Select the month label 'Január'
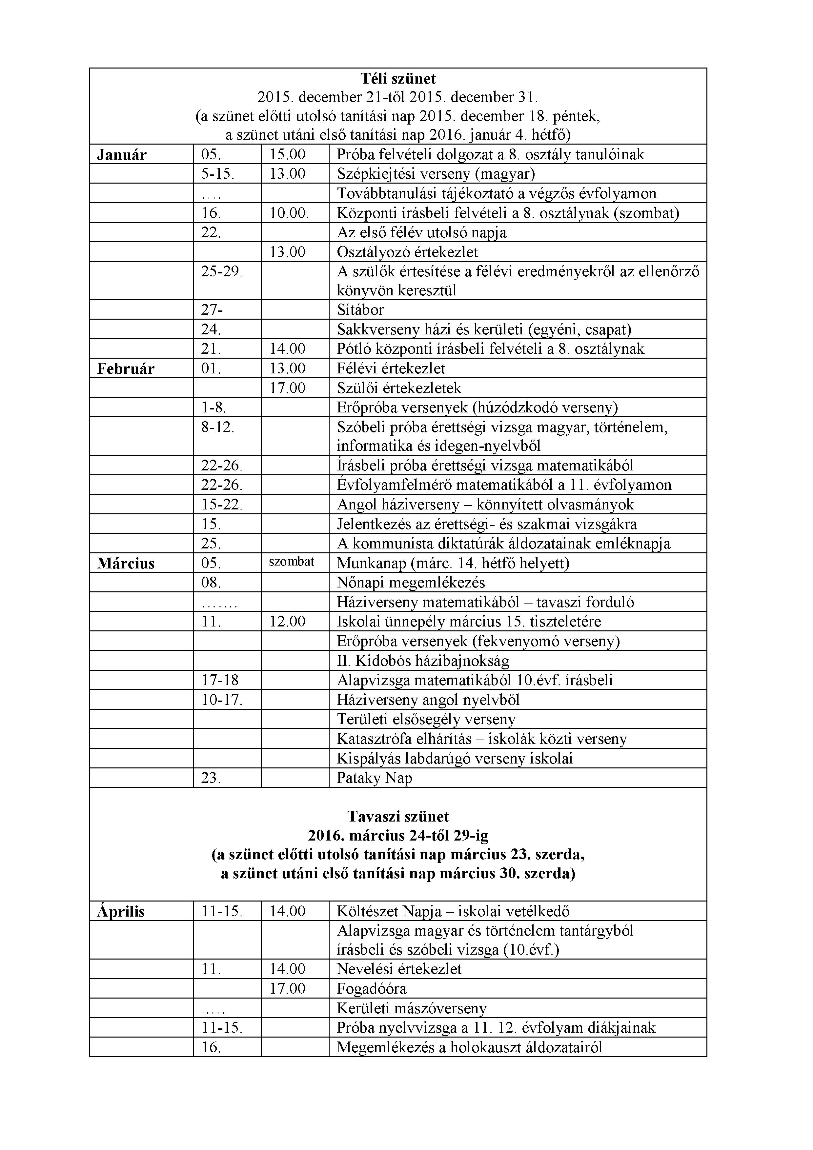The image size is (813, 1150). click(122, 155)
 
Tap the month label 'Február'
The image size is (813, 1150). click(126, 369)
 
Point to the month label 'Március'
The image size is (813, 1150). click(126, 564)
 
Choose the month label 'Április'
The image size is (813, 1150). click(121, 912)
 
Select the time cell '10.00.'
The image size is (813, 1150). click(289, 213)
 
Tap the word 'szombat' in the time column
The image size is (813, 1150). click(292, 562)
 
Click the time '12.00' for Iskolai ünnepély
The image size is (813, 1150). click(287, 622)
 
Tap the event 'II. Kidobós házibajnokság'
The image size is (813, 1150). click(423, 661)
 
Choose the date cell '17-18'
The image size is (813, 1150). click(220, 680)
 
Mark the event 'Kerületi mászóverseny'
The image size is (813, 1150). click(411, 1008)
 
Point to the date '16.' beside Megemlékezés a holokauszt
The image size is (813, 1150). click(211, 1047)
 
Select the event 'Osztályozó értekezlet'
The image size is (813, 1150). click(407, 252)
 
